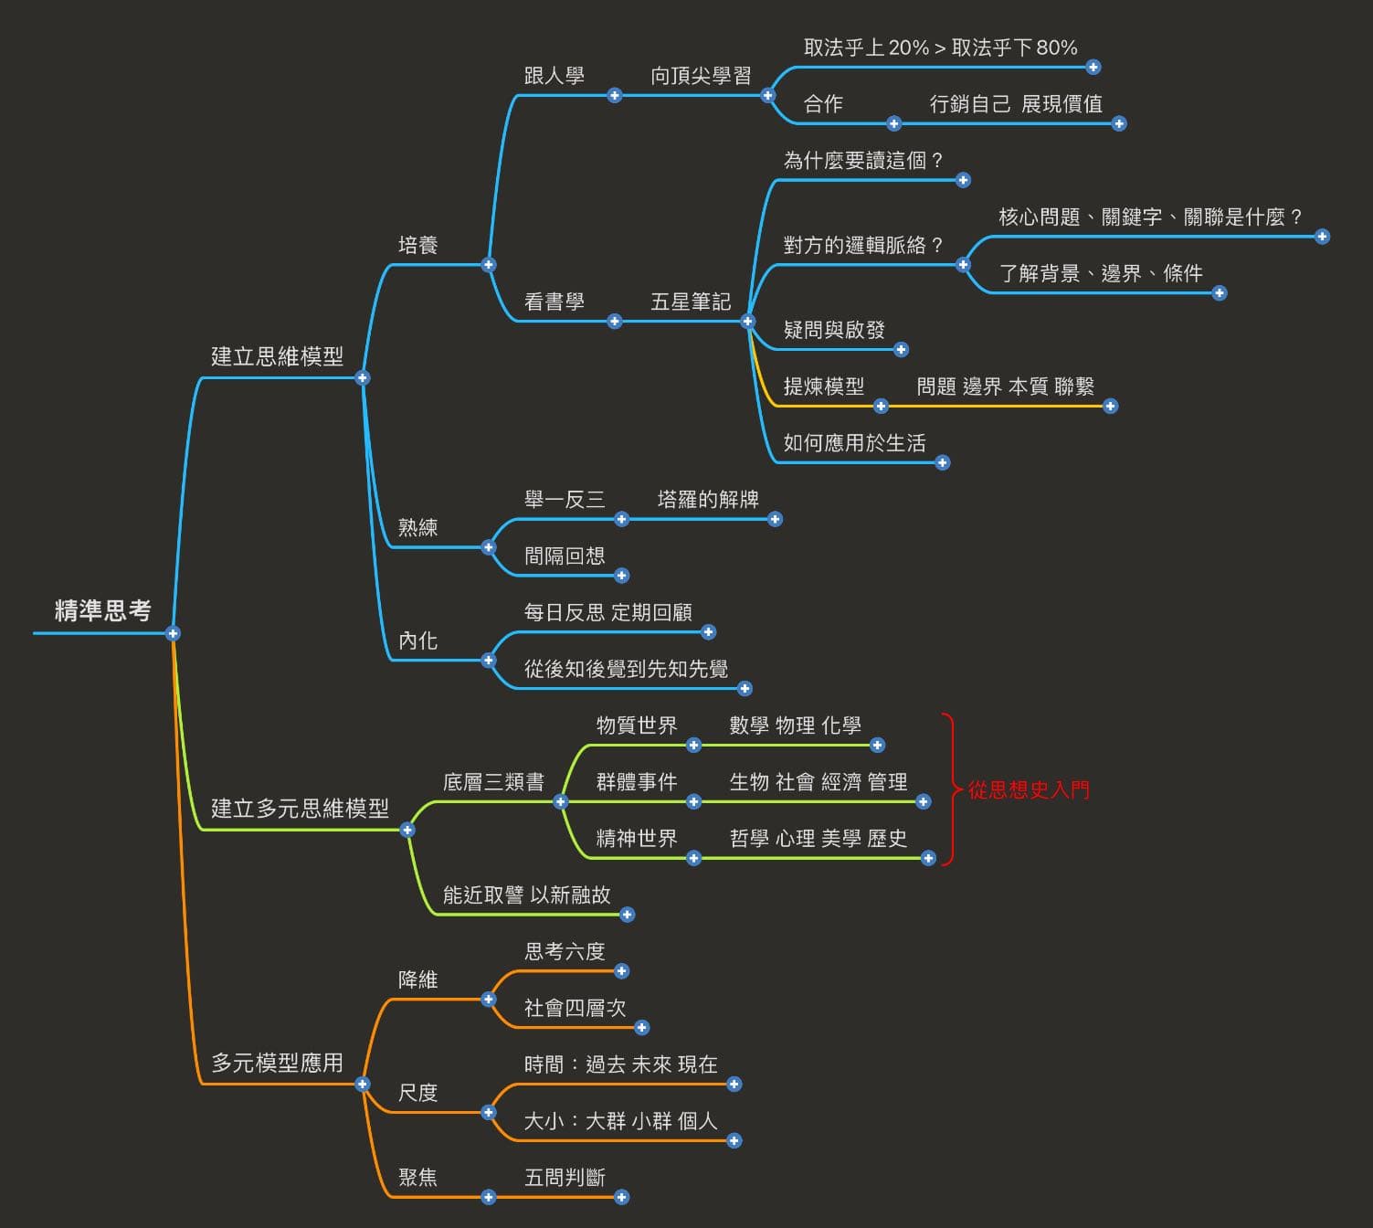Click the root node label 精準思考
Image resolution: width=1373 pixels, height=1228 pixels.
click(x=102, y=610)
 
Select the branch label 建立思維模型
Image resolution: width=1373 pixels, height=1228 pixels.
click(x=277, y=356)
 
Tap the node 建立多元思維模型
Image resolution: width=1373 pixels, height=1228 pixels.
click(x=300, y=808)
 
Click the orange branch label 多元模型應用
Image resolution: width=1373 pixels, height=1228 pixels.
click(x=277, y=1063)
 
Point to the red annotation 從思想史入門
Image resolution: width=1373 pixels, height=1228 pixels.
click(x=1029, y=789)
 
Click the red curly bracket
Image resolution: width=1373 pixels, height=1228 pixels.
click(x=950, y=789)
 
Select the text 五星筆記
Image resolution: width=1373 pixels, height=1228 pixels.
click(x=691, y=302)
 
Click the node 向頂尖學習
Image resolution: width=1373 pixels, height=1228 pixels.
click(x=701, y=76)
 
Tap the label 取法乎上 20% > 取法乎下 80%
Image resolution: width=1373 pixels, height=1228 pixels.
click(x=940, y=48)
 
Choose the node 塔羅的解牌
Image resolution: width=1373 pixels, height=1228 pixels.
click(x=708, y=499)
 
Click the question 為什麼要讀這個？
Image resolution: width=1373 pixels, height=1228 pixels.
click(x=864, y=161)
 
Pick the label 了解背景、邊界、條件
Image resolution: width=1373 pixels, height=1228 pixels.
click(x=1101, y=273)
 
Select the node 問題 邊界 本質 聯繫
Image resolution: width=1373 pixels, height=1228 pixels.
click(x=1005, y=386)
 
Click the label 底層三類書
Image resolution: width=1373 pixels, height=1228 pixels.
click(x=493, y=782)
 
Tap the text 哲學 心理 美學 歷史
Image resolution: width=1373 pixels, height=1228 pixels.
click(x=818, y=838)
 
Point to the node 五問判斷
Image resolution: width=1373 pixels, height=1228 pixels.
click(x=565, y=1177)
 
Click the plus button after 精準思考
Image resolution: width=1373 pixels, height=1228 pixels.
click(x=173, y=633)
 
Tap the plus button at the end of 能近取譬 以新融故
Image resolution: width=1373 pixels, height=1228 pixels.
click(x=627, y=915)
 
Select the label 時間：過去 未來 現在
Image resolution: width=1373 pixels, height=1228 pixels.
click(x=621, y=1064)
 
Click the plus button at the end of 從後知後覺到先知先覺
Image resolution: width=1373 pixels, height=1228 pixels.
click(x=745, y=689)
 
